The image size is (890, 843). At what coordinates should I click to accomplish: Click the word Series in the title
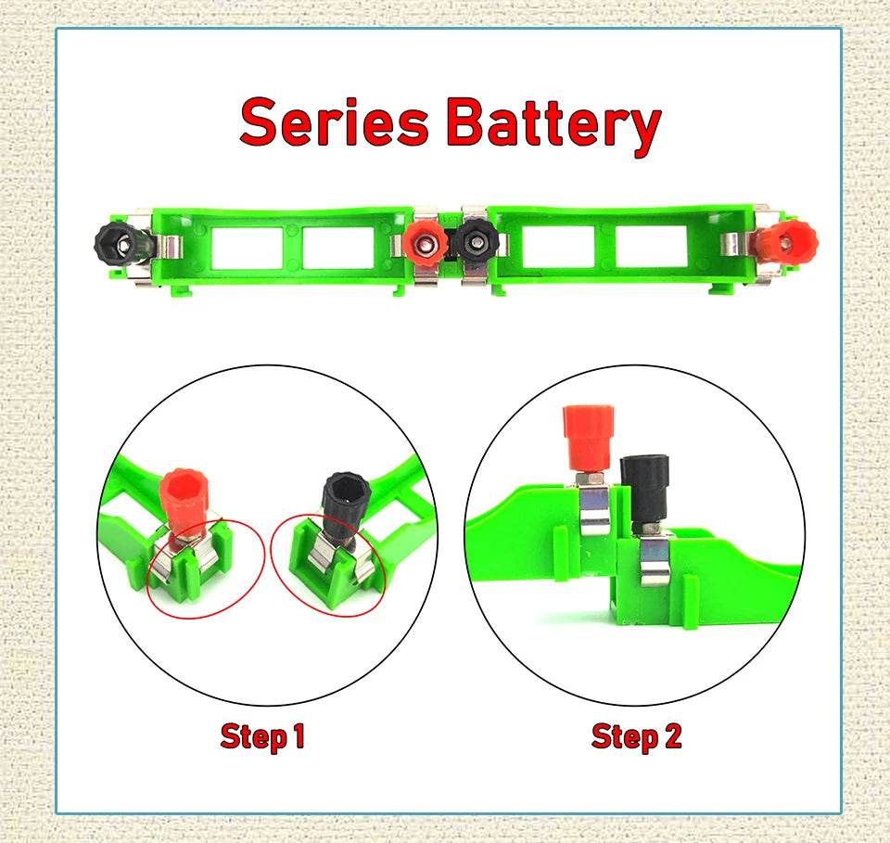[x=335, y=122]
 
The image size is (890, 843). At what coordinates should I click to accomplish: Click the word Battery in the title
[x=553, y=124]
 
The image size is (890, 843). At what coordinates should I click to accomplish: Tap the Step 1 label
[x=262, y=737]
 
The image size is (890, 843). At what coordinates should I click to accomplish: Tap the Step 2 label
[x=636, y=737]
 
